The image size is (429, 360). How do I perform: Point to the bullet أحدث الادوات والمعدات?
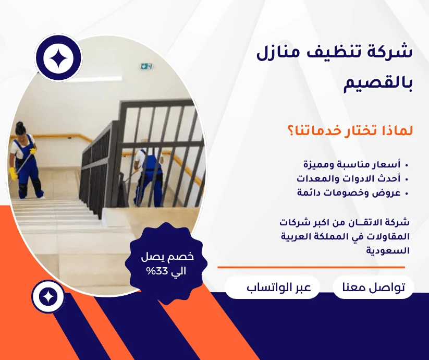349,179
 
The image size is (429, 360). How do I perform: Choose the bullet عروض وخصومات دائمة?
349,193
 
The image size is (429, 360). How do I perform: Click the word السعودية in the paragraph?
388,250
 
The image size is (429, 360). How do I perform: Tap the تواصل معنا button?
373,287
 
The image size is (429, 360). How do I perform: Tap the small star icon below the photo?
48,297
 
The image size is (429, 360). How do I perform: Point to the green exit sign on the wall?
146,66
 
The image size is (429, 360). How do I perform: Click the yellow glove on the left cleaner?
13,174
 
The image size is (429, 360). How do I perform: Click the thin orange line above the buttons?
311,268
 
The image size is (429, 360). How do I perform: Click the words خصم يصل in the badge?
167,257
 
